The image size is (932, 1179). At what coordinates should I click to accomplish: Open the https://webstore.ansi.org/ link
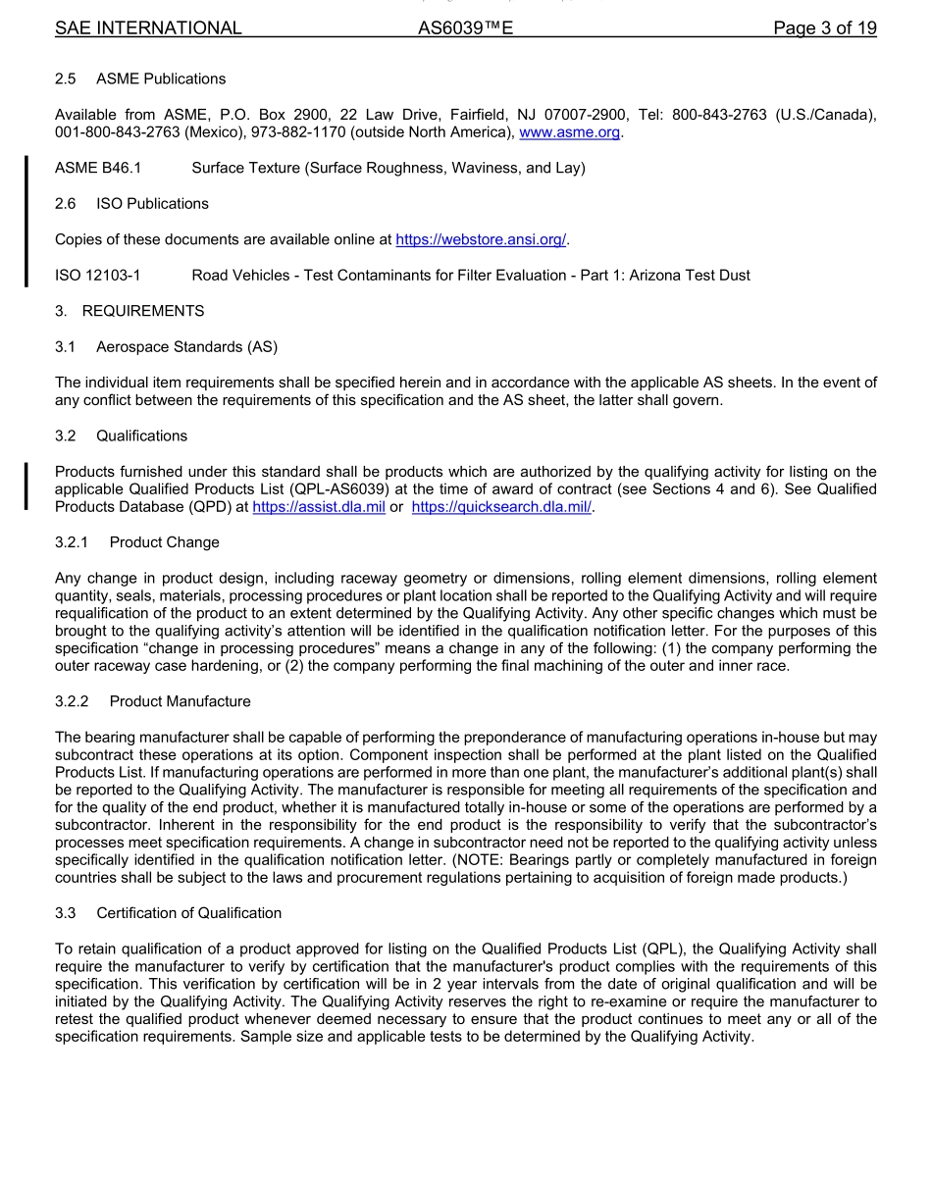tap(481, 239)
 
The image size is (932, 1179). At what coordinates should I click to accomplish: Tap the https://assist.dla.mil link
tap(319, 507)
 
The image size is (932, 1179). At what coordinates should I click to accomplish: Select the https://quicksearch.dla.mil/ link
tap(501, 507)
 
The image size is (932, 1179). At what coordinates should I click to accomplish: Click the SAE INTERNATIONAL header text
tap(148, 28)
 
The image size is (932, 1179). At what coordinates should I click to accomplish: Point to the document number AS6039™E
tap(465, 28)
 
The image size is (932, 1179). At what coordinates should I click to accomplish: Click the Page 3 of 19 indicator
tap(824, 28)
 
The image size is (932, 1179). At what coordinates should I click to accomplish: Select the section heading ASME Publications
tap(161, 78)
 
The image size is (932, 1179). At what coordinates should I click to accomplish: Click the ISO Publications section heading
tap(152, 204)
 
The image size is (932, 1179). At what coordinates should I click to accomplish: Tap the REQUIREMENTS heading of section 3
tap(143, 311)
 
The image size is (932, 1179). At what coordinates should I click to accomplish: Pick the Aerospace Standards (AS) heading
tap(186, 347)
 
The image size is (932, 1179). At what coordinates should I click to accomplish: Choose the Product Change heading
tap(165, 542)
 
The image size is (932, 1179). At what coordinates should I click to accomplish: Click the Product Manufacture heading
tap(180, 701)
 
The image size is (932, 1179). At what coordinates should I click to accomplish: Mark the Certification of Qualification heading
tap(188, 913)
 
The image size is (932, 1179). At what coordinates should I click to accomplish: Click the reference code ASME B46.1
tap(98, 169)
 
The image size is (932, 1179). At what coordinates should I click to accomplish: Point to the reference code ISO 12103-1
tap(98, 276)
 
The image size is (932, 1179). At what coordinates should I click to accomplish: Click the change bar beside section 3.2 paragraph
tap(26, 487)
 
